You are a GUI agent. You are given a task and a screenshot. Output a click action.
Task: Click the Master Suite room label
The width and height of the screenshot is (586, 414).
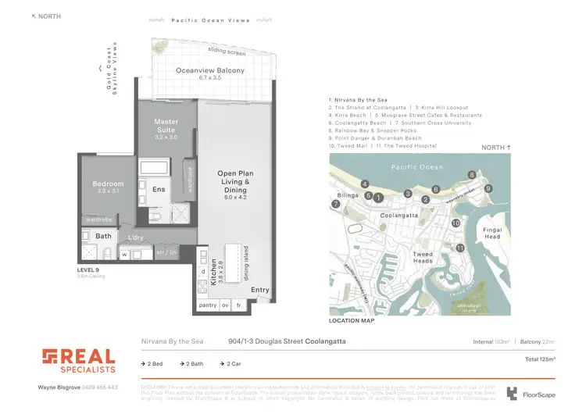tap(166, 127)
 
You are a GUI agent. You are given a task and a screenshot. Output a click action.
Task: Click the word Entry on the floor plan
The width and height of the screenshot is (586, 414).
tap(260, 290)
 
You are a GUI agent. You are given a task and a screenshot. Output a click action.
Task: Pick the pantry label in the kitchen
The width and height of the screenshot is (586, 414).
tap(208, 305)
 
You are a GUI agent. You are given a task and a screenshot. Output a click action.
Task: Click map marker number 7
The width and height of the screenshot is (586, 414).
tap(336, 204)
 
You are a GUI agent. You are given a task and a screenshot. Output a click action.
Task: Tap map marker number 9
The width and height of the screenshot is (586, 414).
tap(488, 188)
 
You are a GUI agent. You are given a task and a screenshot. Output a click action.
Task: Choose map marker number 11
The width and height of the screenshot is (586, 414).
tap(461, 248)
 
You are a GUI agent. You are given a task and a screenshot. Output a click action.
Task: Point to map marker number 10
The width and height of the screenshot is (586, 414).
tap(456, 223)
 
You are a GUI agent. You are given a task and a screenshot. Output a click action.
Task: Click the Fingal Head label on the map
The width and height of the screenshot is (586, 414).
tap(492, 234)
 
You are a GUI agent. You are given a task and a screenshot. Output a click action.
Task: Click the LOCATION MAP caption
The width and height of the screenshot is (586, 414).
tap(352, 321)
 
